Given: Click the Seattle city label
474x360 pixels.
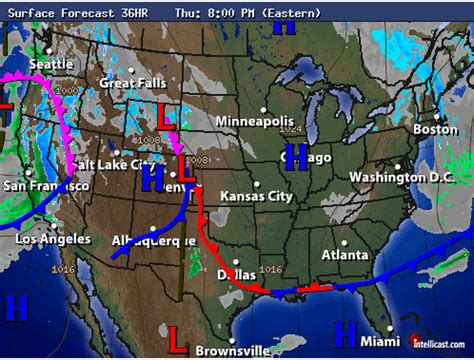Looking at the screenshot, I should pyautogui.click(x=51, y=64).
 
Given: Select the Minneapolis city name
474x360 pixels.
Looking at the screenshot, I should pyautogui.click(x=257, y=121).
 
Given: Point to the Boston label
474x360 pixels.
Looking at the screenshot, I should pyautogui.click(x=435, y=129).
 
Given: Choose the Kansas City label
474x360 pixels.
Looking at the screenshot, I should pyautogui.click(x=257, y=196).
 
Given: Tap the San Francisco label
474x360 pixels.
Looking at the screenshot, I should pyautogui.click(x=45, y=186).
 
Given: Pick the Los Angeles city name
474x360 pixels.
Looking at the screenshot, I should pyautogui.click(x=53, y=239).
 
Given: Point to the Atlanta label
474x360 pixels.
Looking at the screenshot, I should pyautogui.click(x=345, y=255).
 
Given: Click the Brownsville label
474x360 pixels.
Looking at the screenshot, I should pyautogui.click(x=233, y=350).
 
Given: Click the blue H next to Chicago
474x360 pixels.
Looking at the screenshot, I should pyautogui.click(x=295, y=156).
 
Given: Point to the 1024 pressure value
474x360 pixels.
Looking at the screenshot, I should pyautogui.click(x=290, y=128).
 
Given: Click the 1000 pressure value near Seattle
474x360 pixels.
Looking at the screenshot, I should pyautogui.click(x=67, y=89).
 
